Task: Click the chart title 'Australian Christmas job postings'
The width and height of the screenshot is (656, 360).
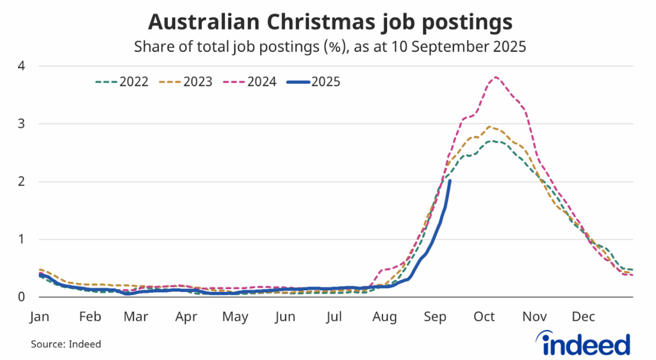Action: pyautogui.click(x=330, y=22)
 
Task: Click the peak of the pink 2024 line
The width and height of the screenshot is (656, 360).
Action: pyautogui.click(x=495, y=78)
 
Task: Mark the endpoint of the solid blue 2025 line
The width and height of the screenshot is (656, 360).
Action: pyautogui.click(x=450, y=181)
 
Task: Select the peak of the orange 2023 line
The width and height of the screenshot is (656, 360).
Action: pyautogui.click(x=490, y=127)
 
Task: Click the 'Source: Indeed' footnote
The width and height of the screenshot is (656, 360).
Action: pyautogui.click(x=66, y=344)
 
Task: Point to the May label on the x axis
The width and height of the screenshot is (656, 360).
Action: pyautogui.click(x=236, y=317)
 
